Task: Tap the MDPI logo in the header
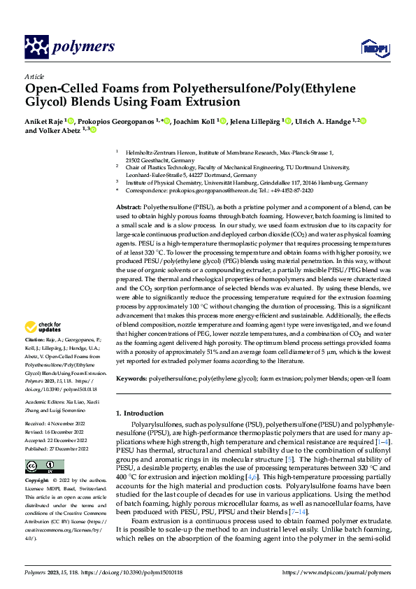click(x=373, y=48)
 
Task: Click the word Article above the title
click(x=34, y=76)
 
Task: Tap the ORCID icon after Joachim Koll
click(x=223, y=122)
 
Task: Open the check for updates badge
click(x=43, y=327)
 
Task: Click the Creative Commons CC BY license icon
click(x=35, y=467)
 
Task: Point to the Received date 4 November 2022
click(x=57, y=424)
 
